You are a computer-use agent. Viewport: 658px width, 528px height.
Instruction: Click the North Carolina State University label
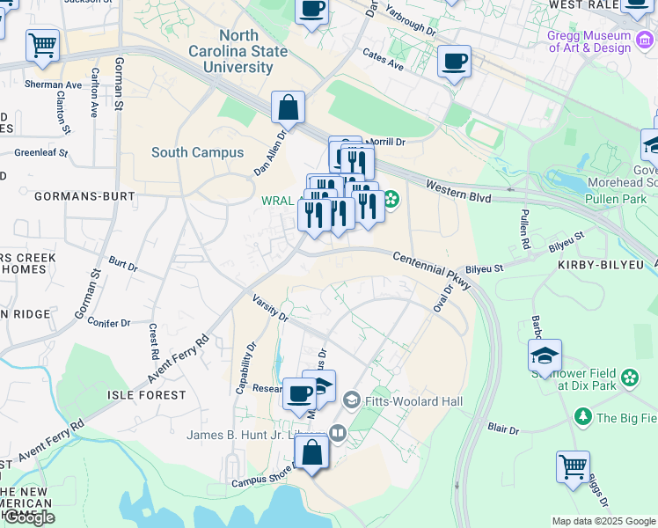point(238,51)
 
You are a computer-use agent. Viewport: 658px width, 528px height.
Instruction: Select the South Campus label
point(197,152)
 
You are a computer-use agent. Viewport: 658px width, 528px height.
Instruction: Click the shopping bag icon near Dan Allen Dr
point(288,108)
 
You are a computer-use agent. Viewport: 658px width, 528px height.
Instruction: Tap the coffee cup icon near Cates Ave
point(454,62)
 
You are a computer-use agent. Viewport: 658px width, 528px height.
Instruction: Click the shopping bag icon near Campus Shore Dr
point(311,452)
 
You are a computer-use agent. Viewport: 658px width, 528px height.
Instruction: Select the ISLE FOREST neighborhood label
point(148,396)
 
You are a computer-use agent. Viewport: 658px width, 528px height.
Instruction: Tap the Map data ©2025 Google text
point(603,521)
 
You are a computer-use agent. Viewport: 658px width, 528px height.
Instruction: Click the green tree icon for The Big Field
point(581,415)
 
